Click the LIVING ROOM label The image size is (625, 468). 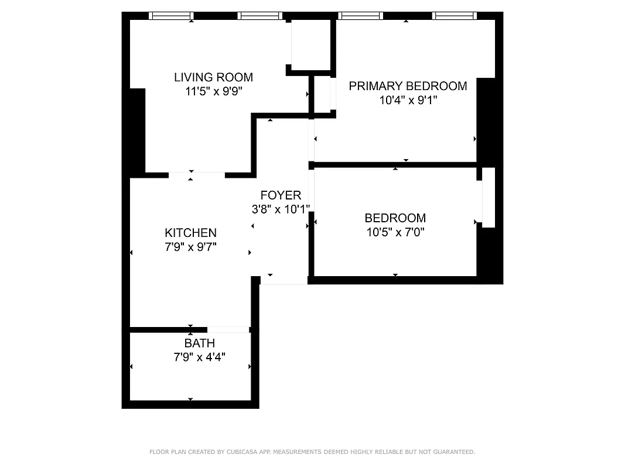(213, 77)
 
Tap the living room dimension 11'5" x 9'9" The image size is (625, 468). (213, 91)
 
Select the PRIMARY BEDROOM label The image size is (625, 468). (408, 86)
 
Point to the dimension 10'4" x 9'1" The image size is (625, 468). (408, 100)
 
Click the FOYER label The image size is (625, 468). (281, 195)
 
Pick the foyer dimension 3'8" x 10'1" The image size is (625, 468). (281, 209)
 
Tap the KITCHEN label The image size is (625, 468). (190, 233)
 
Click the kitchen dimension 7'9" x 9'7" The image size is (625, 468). (190, 247)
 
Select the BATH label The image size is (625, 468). (199, 343)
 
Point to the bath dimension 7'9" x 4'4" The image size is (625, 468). (199, 357)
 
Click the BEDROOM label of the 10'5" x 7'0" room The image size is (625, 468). (395, 218)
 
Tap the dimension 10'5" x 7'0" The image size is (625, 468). (395, 232)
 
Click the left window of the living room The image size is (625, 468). (171, 16)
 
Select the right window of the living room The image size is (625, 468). (260, 16)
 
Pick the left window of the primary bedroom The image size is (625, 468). (361, 16)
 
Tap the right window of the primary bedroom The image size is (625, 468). (455, 16)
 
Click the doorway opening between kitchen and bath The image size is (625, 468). (228, 330)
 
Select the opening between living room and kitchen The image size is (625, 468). (196, 175)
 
